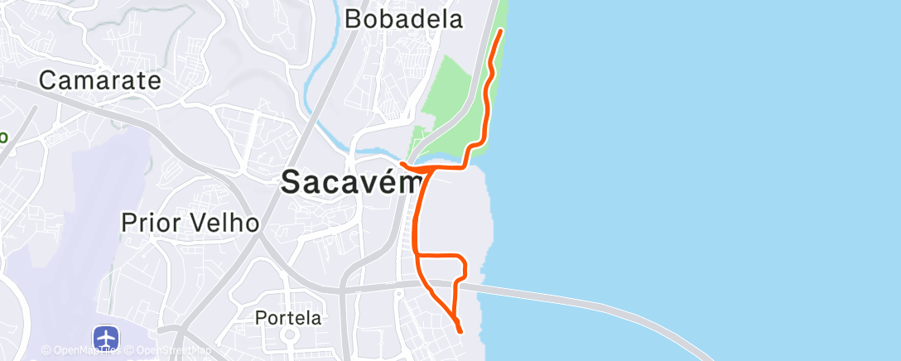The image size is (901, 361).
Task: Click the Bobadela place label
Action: [x=403, y=19]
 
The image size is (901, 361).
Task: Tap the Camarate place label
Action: [x=99, y=80]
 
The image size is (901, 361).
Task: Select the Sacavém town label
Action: [x=351, y=181]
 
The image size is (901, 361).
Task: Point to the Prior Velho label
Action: [x=190, y=223]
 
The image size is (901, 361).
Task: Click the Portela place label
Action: [x=287, y=317]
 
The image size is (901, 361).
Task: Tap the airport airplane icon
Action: [x=107, y=338]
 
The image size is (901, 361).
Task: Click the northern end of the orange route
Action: [x=502, y=31]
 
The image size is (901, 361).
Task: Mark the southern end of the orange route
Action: [x=460, y=331]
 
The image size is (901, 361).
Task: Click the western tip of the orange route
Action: [x=402, y=163]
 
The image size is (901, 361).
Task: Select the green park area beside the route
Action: [x=451, y=91]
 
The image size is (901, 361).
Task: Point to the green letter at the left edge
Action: [x=3, y=136]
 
